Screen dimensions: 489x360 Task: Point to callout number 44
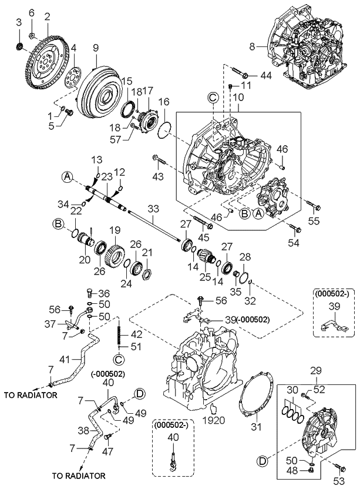(x=266, y=76)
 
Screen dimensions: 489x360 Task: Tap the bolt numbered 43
(x=158, y=159)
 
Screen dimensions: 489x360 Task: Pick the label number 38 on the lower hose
(x=85, y=430)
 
